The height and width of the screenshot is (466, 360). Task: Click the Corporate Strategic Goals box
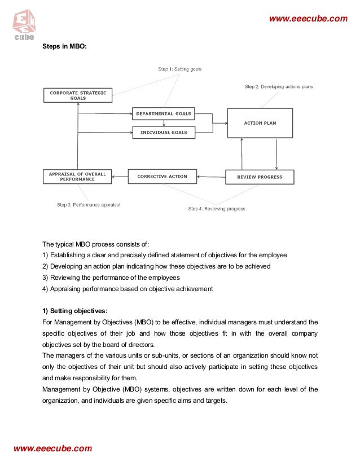pyautogui.click(x=78, y=95)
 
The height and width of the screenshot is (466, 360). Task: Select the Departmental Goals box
pyautogui.click(x=163, y=113)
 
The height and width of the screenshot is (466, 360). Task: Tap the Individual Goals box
pyautogui.click(x=163, y=133)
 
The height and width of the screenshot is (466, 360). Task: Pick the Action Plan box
pyautogui.click(x=260, y=123)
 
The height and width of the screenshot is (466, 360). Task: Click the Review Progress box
pyautogui.click(x=260, y=177)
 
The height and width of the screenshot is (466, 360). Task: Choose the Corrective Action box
pyautogui.click(x=162, y=177)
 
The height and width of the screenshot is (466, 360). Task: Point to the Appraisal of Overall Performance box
pyautogui.click(x=77, y=177)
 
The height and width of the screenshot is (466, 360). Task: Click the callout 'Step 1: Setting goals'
pyautogui.click(x=179, y=69)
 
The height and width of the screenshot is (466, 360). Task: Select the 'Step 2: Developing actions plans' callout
pyautogui.click(x=278, y=87)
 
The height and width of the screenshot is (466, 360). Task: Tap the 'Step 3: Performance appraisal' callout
pyautogui.click(x=89, y=204)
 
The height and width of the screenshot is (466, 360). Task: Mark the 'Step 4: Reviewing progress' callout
pyautogui.click(x=217, y=209)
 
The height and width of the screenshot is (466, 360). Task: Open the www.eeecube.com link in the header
pyautogui.click(x=308, y=19)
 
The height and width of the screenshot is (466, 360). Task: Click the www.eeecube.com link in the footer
pyautogui.click(x=52, y=449)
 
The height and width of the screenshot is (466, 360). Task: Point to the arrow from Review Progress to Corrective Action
pyautogui.click(x=211, y=177)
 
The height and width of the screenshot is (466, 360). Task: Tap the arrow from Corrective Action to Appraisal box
pyautogui.click(x=120, y=177)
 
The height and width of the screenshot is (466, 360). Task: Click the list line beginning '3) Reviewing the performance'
pyautogui.click(x=111, y=277)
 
